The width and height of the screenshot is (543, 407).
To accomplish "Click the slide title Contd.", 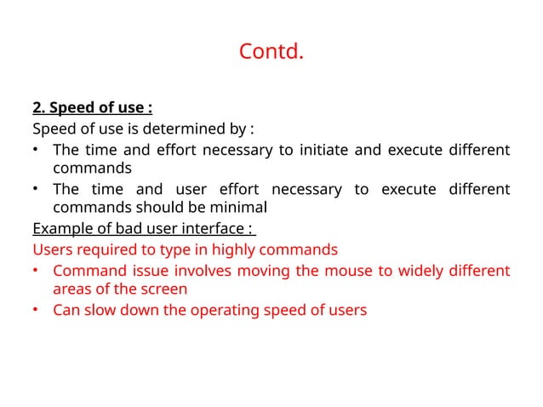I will click(271, 53).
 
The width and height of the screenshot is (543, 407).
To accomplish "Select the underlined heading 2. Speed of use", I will click(92, 109).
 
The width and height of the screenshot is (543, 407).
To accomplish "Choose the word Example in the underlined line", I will click(61, 229).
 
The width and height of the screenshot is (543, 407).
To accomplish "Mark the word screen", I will click(165, 289).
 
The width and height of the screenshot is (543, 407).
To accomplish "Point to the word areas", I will click(71, 289).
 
